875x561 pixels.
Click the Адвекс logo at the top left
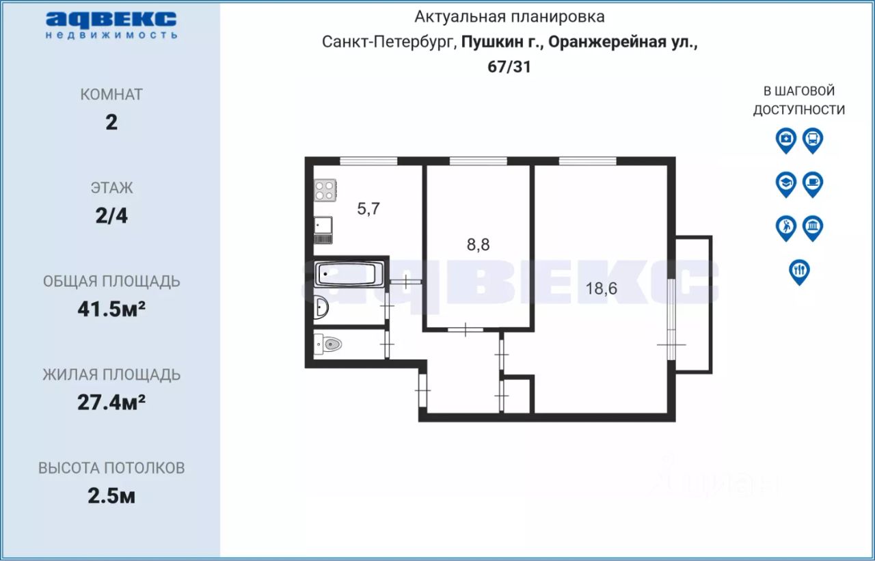(111, 25)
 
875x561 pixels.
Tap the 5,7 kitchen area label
(368, 209)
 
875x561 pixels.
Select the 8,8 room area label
(478, 245)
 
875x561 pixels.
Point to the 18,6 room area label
(601, 288)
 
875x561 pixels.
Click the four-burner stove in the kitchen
(325, 190)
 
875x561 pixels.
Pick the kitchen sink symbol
(323, 230)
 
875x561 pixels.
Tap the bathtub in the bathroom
(349, 274)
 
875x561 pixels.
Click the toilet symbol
(328, 344)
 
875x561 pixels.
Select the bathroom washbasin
(321, 307)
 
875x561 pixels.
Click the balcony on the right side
(694, 305)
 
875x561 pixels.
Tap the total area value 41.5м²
(111, 309)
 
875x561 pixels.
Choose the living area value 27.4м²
(111, 402)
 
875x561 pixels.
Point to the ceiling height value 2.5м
(111, 496)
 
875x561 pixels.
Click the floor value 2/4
(111, 215)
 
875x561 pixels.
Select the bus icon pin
(813, 141)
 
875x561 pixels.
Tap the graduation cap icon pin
(786, 184)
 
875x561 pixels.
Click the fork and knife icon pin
(799, 272)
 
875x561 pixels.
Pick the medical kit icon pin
(786, 141)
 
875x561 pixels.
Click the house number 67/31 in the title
(509, 67)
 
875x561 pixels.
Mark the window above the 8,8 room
(478, 161)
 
